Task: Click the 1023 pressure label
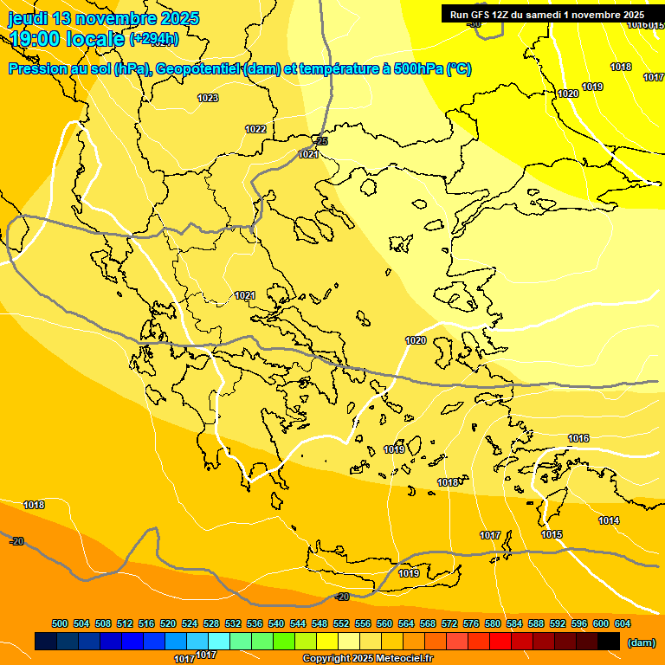(x=208, y=99)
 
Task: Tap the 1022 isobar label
(x=255, y=129)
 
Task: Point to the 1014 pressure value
(x=609, y=520)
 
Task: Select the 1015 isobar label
(x=552, y=534)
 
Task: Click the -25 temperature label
(x=321, y=141)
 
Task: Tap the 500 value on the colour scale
(x=60, y=623)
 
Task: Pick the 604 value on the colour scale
(x=623, y=623)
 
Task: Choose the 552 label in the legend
(x=341, y=623)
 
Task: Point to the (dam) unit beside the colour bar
(x=641, y=642)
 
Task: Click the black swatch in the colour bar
(x=609, y=641)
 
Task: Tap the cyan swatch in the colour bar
(x=219, y=641)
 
